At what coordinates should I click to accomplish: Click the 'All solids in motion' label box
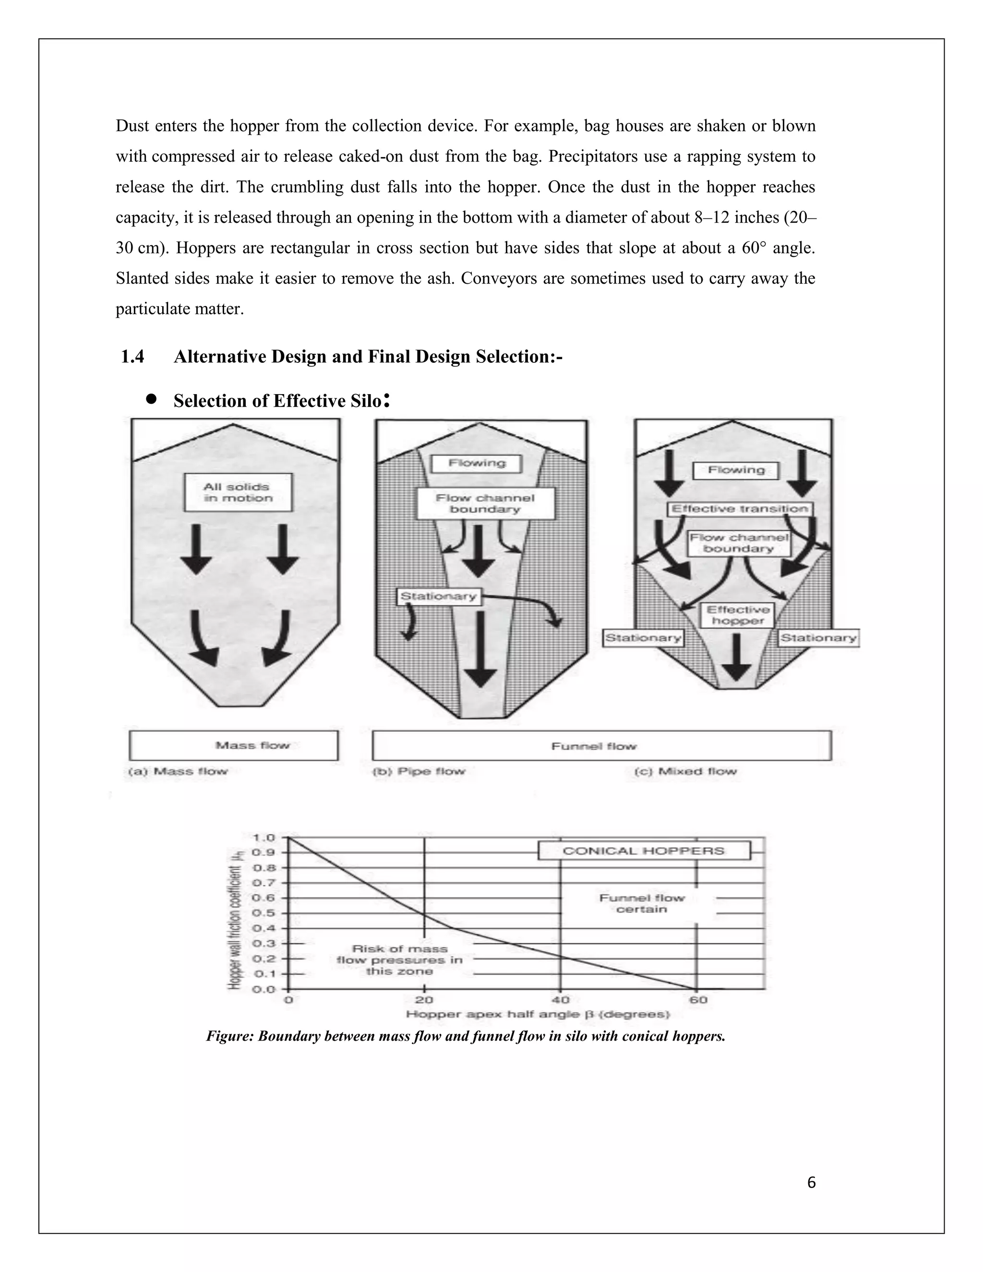pos(238,492)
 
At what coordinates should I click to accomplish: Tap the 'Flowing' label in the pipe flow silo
pos(476,464)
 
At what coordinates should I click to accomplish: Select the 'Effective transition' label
pos(740,508)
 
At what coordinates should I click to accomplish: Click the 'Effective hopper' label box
pos(737,615)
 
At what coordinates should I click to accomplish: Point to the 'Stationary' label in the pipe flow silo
pos(439,596)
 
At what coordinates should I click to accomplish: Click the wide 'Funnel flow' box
pos(601,745)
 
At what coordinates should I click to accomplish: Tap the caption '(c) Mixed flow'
pos(685,771)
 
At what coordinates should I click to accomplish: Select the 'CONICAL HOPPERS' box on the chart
pos(644,851)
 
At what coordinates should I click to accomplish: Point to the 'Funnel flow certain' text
pos(641,903)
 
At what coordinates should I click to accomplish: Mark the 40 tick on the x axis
pos(560,999)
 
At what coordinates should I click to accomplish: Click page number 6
pos(812,1183)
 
